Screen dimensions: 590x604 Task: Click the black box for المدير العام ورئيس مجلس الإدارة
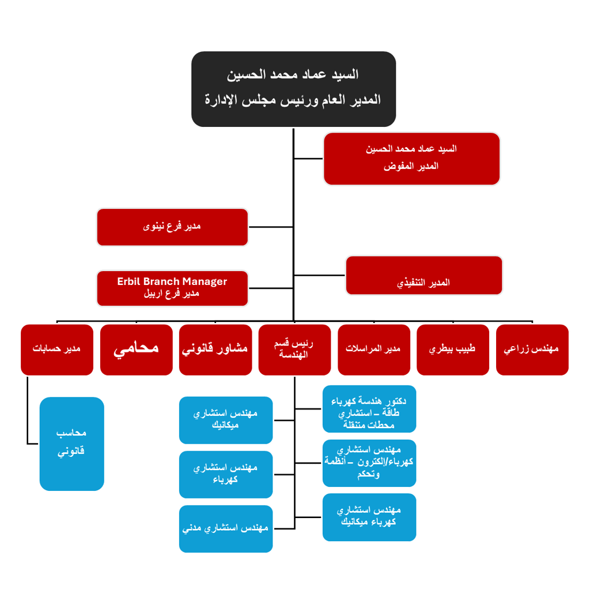click(293, 89)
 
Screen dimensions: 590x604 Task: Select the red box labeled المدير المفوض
click(411, 159)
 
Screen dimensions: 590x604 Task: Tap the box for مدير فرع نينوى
click(172, 227)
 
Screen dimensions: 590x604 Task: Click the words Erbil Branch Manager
click(172, 282)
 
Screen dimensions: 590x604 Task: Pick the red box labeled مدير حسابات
click(56, 350)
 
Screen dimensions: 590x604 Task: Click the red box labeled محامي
click(136, 350)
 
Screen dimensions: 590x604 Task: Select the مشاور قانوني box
click(215, 350)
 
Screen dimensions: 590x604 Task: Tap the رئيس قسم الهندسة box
click(294, 350)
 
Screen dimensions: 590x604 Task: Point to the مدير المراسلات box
click(373, 350)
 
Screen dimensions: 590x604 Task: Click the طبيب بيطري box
click(453, 350)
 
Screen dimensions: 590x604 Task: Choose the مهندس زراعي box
click(532, 350)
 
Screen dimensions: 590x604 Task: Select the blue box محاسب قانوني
click(72, 443)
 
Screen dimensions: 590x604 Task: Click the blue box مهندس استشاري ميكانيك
click(226, 420)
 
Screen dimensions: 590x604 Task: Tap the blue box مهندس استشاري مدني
click(226, 528)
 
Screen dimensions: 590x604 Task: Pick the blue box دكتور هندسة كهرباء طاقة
click(369, 409)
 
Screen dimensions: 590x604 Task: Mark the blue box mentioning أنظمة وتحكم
click(369, 463)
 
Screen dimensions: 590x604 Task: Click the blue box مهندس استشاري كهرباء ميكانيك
click(369, 517)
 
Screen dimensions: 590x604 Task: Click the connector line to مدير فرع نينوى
click(271, 227)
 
